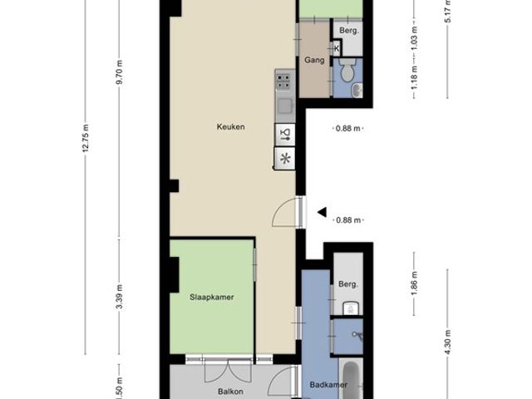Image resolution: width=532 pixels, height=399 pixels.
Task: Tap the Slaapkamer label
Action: coord(211,297)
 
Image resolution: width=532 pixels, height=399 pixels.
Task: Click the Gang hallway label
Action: coord(313,61)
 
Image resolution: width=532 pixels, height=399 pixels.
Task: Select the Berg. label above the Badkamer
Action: coord(347,284)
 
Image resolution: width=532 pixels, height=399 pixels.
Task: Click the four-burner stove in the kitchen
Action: coord(284,81)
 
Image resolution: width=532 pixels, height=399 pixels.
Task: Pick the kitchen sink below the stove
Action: coord(284,106)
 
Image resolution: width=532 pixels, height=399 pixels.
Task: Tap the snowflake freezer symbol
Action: coord(285,159)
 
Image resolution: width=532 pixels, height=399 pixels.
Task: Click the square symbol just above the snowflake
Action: coord(285,134)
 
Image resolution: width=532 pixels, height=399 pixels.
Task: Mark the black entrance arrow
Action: coord(321,213)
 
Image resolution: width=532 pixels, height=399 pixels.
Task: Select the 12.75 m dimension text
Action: coord(85,140)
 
